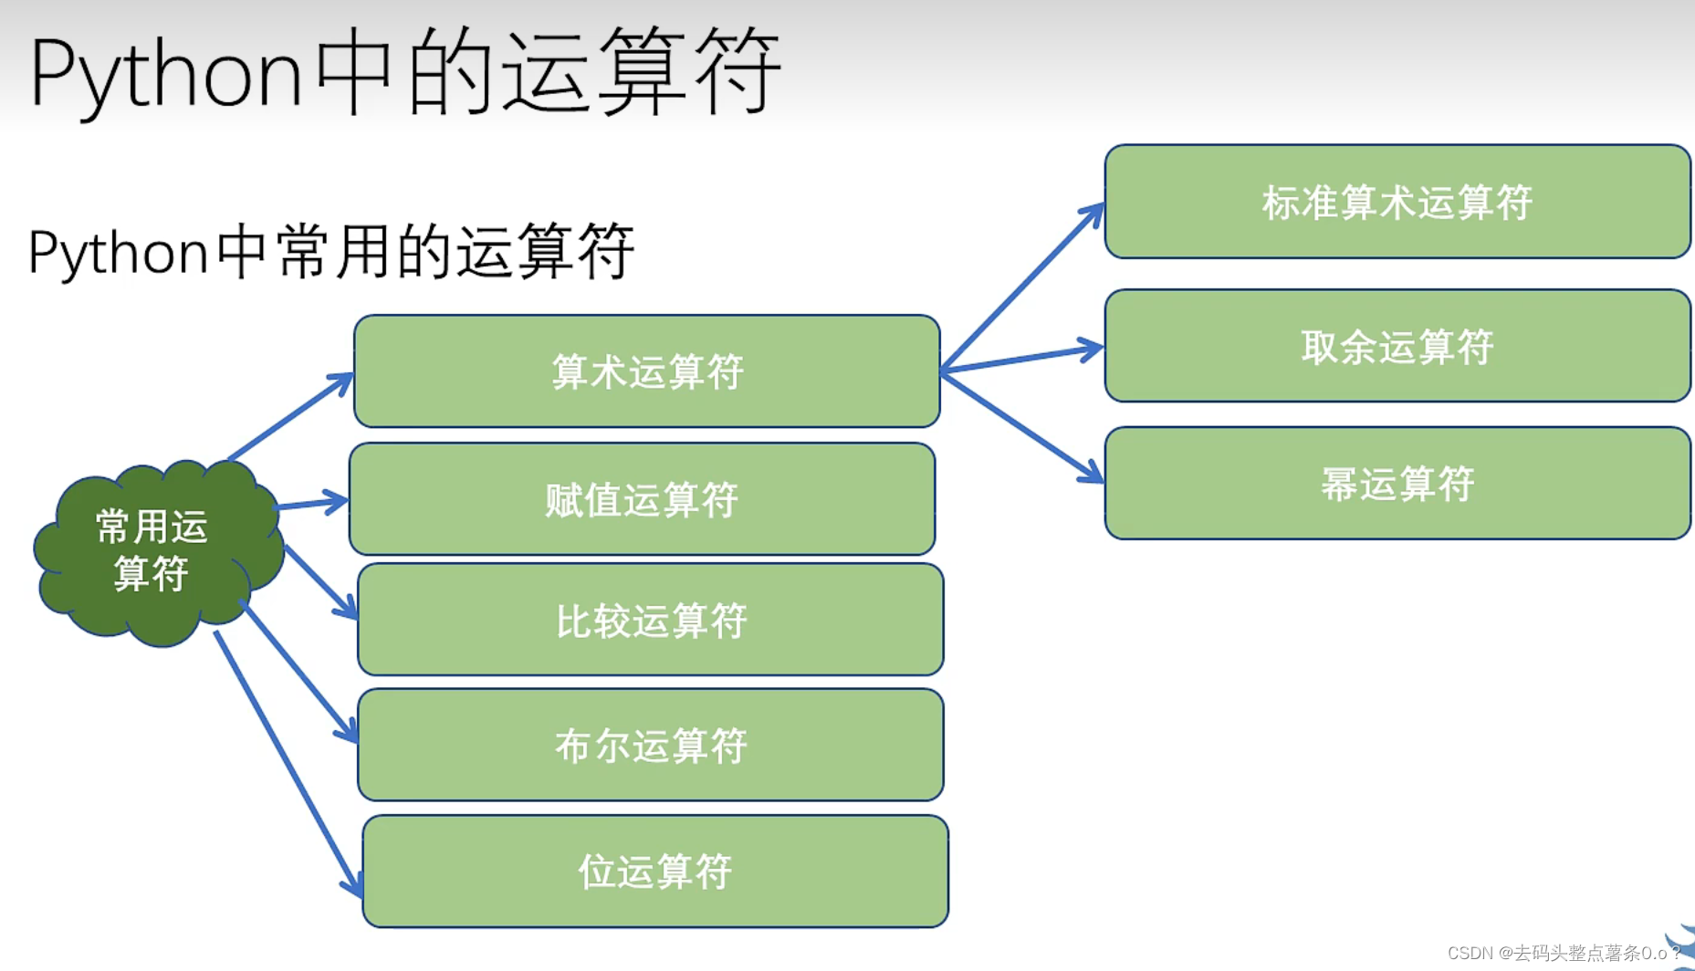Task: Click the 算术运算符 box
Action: point(646,371)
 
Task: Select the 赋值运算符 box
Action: point(642,499)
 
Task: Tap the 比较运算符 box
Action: point(650,620)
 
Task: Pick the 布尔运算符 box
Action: point(650,745)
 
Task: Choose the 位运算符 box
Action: point(654,872)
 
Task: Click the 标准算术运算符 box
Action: point(1397,202)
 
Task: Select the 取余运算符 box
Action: point(1397,346)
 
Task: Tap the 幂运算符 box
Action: point(1397,484)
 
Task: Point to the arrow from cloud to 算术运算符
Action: point(290,416)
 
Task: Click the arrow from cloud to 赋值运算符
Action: point(310,503)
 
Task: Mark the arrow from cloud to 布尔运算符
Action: point(299,671)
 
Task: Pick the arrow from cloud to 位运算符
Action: point(288,762)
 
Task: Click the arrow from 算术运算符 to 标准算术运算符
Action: point(1022,287)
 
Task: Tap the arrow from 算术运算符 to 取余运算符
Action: point(1022,360)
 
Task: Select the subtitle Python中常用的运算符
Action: point(330,251)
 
